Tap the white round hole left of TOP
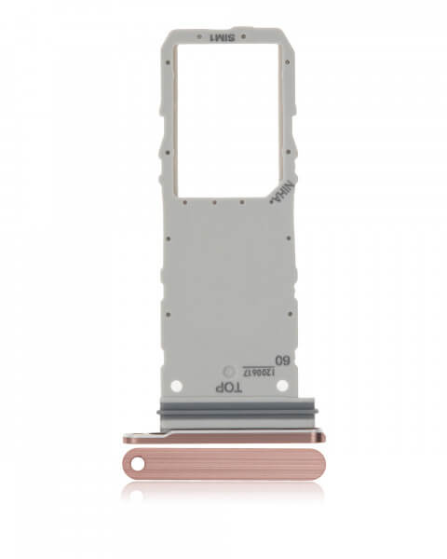pyautogui.click(x=177, y=385)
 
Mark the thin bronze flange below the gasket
pyautogui.click(x=223, y=437)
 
